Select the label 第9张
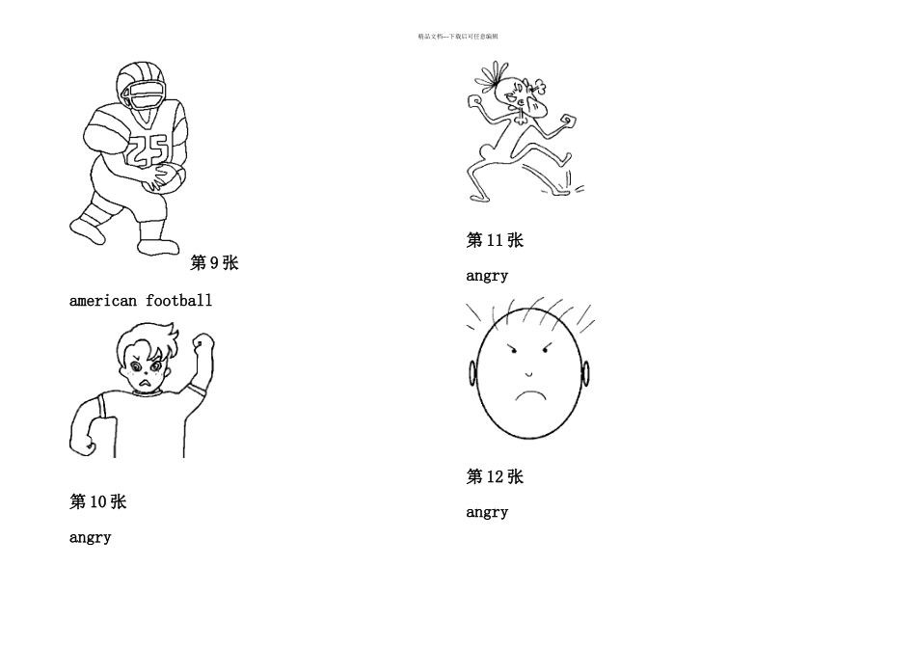pyautogui.click(x=214, y=263)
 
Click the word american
pyautogui.click(x=103, y=301)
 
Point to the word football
pyautogui.click(x=179, y=301)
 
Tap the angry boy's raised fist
pyautogui.click(x=202, y=342)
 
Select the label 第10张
pyautogui.click(x=97, y=501)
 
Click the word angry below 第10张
pyautogui.click(x=90, y=538)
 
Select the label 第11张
pyautogui.click(x=495, y=240)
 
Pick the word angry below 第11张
pyautogui.click(x=487, y=276)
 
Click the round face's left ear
pyautogui.click(x=472, y=372)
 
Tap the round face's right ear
pyautogui.click(x=585, y=373)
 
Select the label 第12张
pyautogui.click(x=495, y=476)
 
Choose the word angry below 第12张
pyautogui.click(x=487, y=512)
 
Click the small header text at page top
pyautogui.click(x=458, y=37)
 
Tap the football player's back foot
pyautogui.click(x=87, y=229)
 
